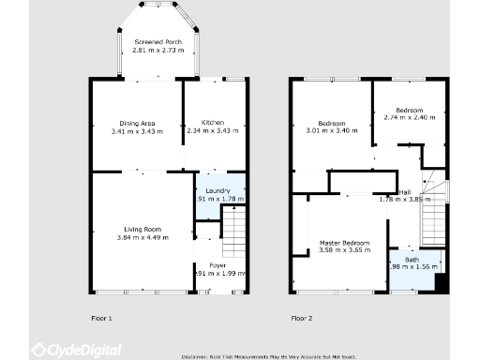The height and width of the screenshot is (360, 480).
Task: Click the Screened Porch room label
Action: (157, 42)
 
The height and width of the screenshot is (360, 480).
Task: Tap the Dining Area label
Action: (137, 124)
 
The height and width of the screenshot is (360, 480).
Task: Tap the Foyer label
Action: (217, 265)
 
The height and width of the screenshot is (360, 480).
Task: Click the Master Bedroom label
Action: (343, 243)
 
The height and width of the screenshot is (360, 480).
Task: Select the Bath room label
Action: (412, 260)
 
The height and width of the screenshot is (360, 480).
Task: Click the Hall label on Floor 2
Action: (404, 191)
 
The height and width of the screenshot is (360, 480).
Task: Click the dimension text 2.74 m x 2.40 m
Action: (410, 117)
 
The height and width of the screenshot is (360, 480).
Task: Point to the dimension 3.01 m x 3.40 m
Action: (331, 131)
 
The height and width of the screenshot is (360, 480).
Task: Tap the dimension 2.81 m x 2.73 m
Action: (157, 50)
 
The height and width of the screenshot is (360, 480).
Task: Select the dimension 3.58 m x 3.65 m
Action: (343, 250)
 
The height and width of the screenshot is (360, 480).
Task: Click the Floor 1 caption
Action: (101, 319)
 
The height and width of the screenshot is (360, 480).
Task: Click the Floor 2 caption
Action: (301, 319)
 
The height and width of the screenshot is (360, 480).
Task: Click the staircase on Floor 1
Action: (233, 230)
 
